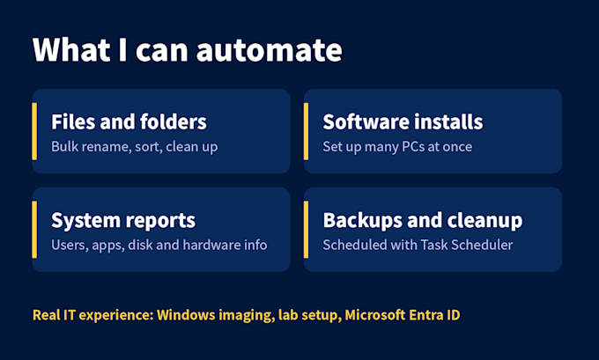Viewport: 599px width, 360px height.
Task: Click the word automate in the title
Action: [269, 50]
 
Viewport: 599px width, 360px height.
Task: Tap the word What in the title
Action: [71, 49]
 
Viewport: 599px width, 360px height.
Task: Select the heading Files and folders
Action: [129, 121]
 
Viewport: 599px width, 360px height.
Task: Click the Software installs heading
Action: [403, 121]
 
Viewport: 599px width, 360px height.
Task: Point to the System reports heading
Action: [123, 221]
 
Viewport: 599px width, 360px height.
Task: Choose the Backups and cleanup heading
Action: [423, 220]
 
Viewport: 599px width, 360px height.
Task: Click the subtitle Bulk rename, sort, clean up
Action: [135, 147]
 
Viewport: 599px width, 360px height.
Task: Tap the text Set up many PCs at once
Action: [397, 147]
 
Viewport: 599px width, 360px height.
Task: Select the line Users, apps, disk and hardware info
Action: [159, 245]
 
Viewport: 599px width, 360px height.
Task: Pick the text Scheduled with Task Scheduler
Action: [418, 245]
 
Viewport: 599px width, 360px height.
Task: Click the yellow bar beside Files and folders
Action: [34, 131]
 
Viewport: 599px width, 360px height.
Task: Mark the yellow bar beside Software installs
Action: [306, 131]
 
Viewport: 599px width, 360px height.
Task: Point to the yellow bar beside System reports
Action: [34, 230]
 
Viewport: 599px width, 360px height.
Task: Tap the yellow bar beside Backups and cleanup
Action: [306, 230]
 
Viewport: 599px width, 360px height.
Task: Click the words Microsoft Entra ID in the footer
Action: [403, 315]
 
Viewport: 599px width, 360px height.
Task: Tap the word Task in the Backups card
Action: [434, 245]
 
